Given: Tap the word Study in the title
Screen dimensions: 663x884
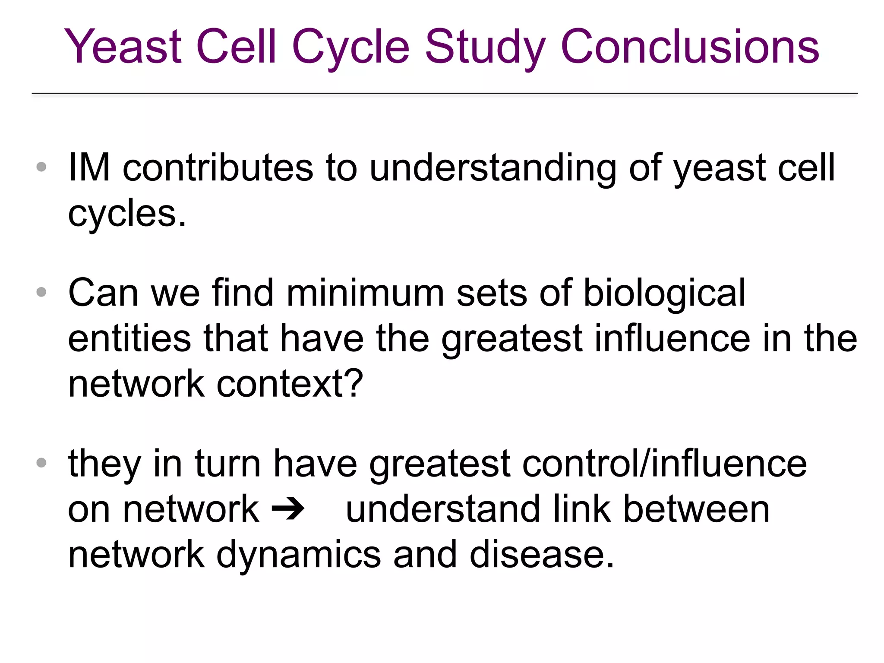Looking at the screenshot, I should click(x=485, y=47).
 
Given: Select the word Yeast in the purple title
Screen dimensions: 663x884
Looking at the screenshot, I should click(x=123, y=47).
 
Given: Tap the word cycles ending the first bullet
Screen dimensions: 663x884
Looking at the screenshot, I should click(x=127, y=214).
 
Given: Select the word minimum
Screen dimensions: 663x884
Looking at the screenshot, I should click(x=365, y=294).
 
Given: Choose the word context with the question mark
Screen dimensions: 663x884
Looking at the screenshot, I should click(x=290, y=384).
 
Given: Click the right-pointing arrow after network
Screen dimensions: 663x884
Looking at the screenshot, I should click(x=288, y=510).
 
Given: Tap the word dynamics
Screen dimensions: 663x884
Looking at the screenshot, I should click(x=299, y=555).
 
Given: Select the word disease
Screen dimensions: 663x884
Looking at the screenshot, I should click(x=541, y=555).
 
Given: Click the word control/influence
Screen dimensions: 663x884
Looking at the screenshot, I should click(x=664, y=464).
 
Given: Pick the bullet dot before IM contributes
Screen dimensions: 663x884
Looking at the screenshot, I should click(x=41, y=167).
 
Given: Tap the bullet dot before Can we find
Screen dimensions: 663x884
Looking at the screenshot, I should click(x=41, y=292).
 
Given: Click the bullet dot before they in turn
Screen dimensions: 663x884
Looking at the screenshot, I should click(x=41, y=463).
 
